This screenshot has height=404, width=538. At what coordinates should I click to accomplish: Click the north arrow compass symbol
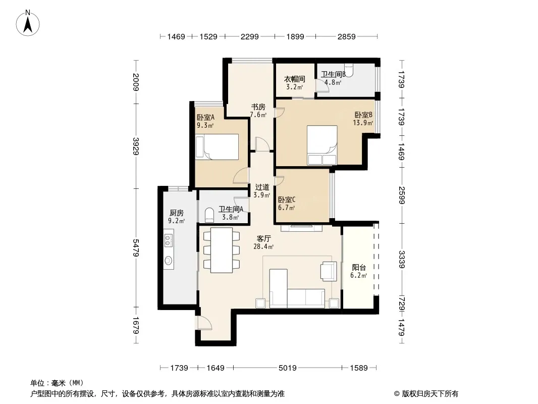(28, 23)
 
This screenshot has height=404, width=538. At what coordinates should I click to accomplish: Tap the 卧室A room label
(205, 117)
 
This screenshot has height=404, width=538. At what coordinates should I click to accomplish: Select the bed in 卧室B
(322, 145)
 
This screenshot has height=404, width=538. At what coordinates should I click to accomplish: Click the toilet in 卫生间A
(209, 215)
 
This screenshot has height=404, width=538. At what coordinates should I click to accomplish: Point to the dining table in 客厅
(222, 250)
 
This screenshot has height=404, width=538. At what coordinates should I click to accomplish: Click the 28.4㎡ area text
(263, 246)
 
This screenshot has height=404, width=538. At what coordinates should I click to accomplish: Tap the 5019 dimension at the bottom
(288, 368)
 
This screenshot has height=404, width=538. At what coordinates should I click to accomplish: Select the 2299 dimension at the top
(249, 36)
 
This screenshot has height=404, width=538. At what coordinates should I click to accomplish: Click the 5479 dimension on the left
(136, 248)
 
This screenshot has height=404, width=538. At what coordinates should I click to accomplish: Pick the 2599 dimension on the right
(402, 195)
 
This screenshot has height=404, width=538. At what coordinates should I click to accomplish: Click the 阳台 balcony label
(359, 267)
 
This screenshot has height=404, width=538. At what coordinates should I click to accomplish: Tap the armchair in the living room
(329, 271)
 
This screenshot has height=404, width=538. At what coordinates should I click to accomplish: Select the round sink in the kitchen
(169, 261)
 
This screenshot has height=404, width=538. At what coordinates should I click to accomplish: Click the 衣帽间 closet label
(294, 79)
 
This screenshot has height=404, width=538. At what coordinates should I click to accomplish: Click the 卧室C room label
(287, 200)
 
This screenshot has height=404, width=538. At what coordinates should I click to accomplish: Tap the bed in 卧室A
(217, 146)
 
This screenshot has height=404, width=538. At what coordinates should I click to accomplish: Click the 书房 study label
(258, 107)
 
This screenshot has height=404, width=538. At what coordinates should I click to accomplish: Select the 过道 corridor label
(262, 187)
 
